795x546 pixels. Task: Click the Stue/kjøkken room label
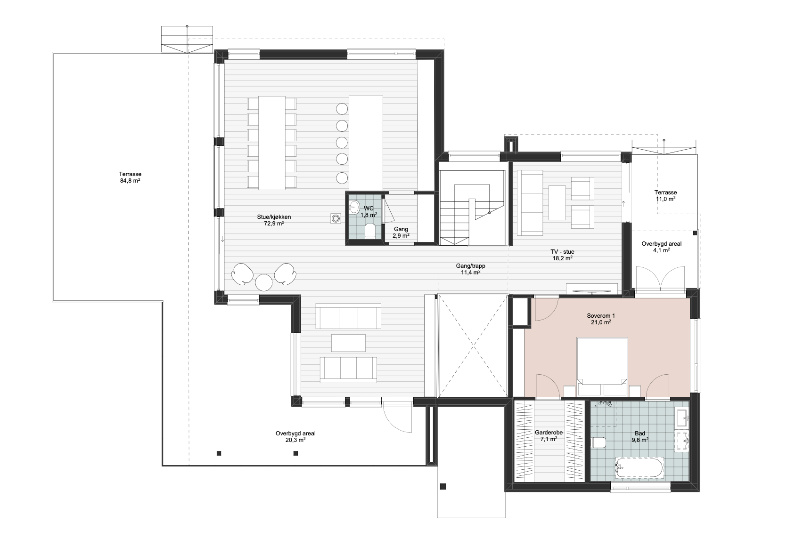274,217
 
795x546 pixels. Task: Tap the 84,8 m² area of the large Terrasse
130,181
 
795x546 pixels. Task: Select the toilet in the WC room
370,231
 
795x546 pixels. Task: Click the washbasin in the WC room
354,208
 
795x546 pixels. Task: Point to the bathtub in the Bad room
639,468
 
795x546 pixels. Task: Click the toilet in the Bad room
599,443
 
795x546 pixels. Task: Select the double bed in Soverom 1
602,367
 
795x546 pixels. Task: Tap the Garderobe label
549,433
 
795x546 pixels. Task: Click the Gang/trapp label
470,266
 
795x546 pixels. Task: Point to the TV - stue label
562,252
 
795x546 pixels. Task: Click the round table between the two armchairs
264,282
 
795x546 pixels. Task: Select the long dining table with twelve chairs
272,143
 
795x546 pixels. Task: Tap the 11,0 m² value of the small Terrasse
665,199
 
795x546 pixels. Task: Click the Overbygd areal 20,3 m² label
295,437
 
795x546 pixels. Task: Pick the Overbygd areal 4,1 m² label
662,247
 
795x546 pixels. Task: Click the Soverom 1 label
601,316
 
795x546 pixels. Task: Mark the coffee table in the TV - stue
557,203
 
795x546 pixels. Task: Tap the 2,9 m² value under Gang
401,236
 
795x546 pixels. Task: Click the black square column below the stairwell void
443,487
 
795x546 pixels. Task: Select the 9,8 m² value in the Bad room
640,440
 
